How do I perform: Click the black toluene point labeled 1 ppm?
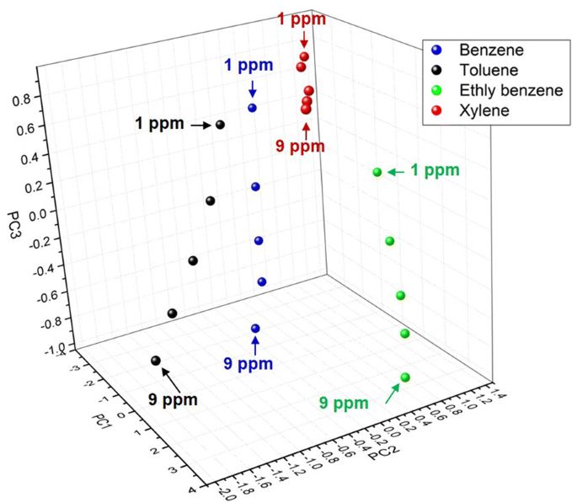[221, 125]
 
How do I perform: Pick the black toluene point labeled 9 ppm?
[156, 361]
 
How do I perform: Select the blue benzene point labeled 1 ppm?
[252, 108]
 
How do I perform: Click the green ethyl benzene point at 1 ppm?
[377, 172]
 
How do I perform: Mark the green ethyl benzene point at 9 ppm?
[405, 377]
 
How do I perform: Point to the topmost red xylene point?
[304, 56]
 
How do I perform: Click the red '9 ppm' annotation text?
[300, 147]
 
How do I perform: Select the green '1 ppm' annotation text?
[435, 170]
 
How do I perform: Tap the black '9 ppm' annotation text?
[173, 399]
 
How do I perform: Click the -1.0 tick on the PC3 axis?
[30, 348]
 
